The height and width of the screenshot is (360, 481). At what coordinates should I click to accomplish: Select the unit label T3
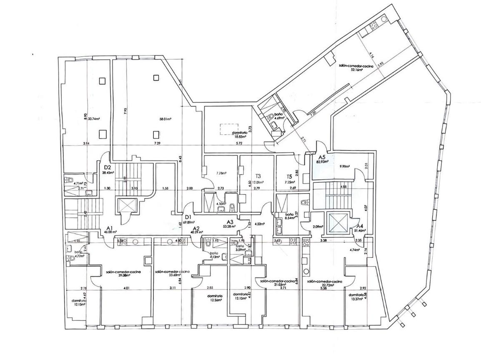pyautogui.click(x=258, y=176)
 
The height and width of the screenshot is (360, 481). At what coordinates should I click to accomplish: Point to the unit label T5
pyautogui.click(x=289, y=176)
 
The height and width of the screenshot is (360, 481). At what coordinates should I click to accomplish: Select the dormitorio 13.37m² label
pyautogui.click(x=358, y=297)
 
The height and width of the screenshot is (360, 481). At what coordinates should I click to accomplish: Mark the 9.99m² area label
pyautogui.click(x=344, y=166)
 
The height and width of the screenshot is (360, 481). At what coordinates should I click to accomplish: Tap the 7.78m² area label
pyautogui.click(x=220, y=173)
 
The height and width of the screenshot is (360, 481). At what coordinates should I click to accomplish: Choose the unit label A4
pyautogui.click(x=360, y=227)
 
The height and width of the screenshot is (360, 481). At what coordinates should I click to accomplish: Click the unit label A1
pyautogui.click(x=110, y=228)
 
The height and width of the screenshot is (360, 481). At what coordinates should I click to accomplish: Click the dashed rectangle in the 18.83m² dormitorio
pyautogui.click(x=229, y=127)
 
